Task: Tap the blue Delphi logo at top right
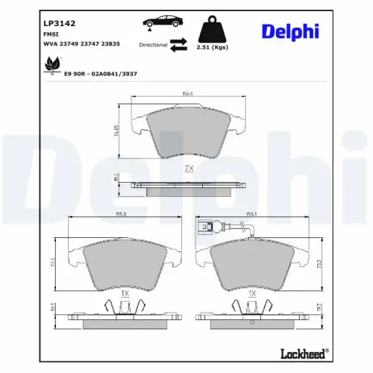(x=290, y=31)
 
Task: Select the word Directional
(x=153, y=46)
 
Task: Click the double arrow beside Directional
(x=179, y=46)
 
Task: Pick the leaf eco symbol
(x=53, y=69)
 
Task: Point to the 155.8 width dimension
(x=188, y=94)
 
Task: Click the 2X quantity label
(x=188, y=169)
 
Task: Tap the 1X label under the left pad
(x=125, y=294)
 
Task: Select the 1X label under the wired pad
(x=252, y=294)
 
